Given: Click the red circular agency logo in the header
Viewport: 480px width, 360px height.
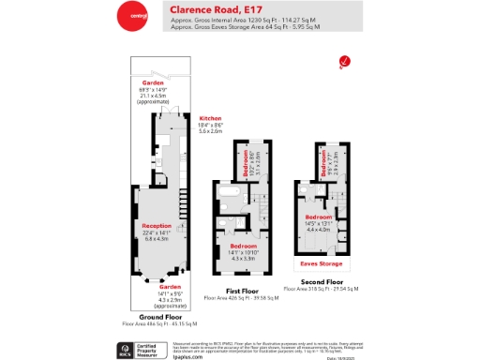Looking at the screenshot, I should (132, 17).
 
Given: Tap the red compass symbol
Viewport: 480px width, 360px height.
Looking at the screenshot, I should (344, 62).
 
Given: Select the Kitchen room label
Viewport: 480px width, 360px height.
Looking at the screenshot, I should (209, 118).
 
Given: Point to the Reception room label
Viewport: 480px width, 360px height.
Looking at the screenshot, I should (157, 226).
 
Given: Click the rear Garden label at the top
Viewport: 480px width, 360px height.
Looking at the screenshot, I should (152, 82).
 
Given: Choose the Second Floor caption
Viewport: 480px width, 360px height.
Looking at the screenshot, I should (322, 281).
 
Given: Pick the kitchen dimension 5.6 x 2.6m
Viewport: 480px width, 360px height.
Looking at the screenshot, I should (209, 132).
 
